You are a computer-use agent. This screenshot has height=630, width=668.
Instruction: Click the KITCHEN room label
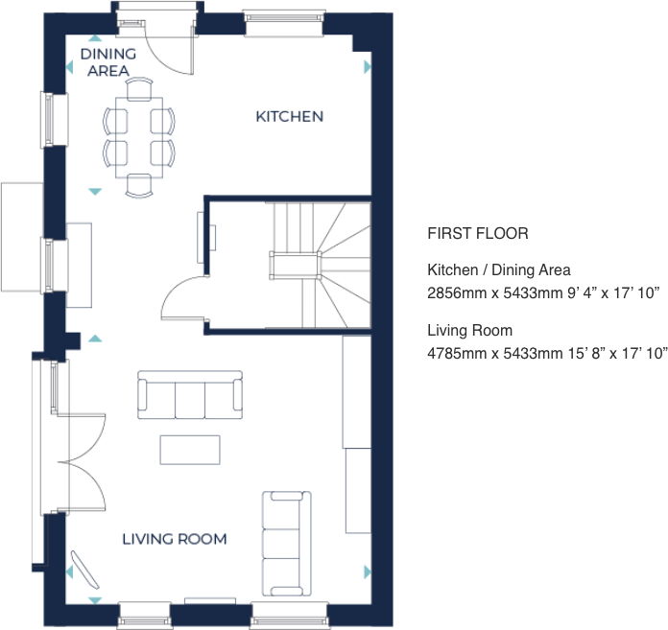[x=289, y=117]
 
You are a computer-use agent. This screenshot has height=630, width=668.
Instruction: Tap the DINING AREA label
[x=107, y=62]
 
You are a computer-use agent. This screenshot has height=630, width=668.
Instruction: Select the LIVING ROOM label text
[x=175, y=539]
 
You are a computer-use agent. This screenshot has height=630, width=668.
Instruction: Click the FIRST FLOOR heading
[x=477, y=234]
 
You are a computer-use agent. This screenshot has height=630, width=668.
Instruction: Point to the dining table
[x=139, y=136]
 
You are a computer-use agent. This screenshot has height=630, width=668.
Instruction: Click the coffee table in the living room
[x=190, y=450]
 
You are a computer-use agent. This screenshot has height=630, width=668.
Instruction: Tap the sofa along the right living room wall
[x=286, y=543]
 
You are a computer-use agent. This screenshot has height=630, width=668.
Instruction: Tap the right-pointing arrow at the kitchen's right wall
[x=368, y=68]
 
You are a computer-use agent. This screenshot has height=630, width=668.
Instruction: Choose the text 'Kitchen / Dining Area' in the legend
[x=498, y=270]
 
